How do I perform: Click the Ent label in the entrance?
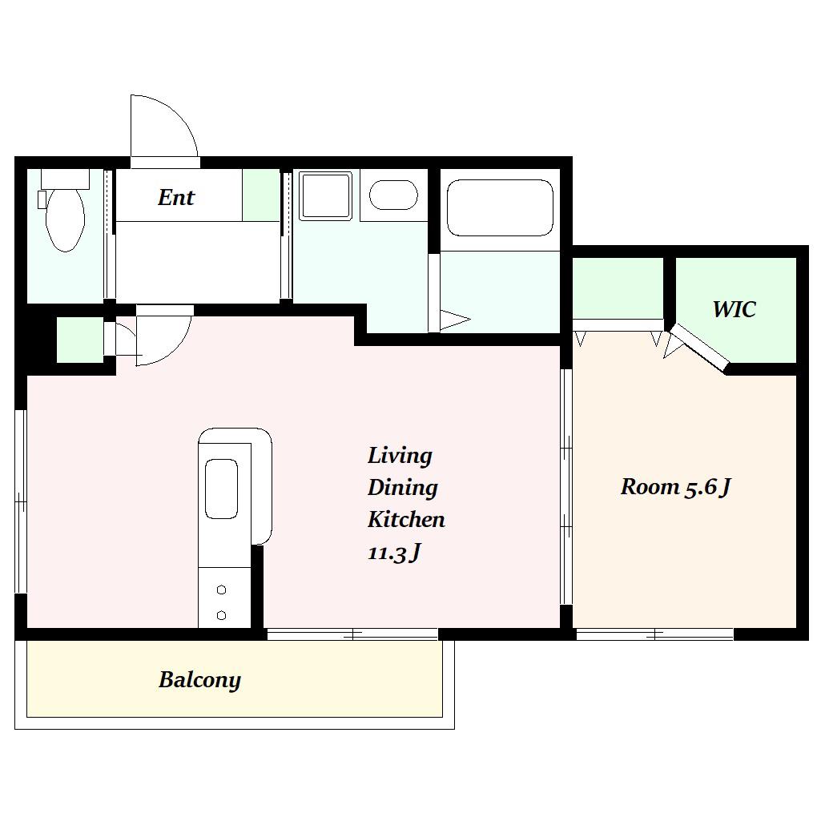pyautogui.click(x=176, y=197)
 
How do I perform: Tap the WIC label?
pyautogui.click(x=734, y=309)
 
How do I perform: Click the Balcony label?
pyautogui.click(x=199, y=680)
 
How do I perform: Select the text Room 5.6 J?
pyautogui.click(x=676, y=487)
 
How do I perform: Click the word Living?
pyautogui.click(x=400, y=456)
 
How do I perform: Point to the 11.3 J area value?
pyautogui.click(x=394, y=553)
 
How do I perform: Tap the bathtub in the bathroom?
pyautogui.click(x=500, y=207)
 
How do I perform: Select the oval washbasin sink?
pyautogui.click(x=393, y=195)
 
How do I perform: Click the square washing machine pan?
pyautogui.click(x=325, y=195)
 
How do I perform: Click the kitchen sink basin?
pyautogui.click(x=221, y=489)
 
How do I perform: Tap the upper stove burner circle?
pyautogui.click(x=221, y=590)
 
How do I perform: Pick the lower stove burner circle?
pyautogui.click(x=221, y=615)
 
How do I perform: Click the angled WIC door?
pyautogui.click(x=699, y=348)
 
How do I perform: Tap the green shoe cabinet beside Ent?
pyautogui.click(x=261, y=195)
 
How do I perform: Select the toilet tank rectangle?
pyautogui.click(x=65, y=179)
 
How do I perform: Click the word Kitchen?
pyautogui.click(x=406, y=520)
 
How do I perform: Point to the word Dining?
pyautogui.click(x=402, y=489)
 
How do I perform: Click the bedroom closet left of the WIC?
pyautogui.click(x=618, y=288)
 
